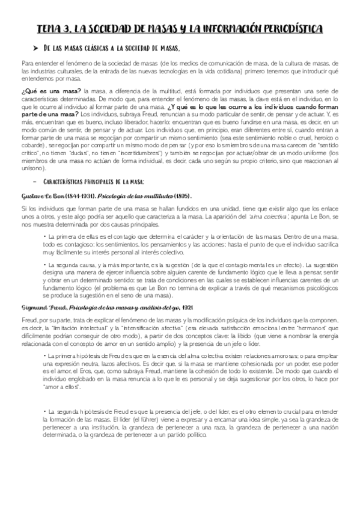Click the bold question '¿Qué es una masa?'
point(52,90)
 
